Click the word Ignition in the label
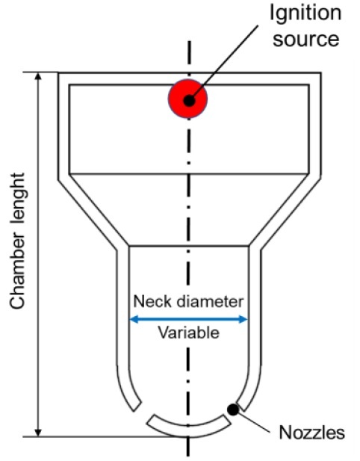[x=305, y=14]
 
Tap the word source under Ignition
[x=306, y=40]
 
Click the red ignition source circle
[x=187, y=99]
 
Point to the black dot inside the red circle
[x=189, y=101]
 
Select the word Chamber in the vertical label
[x=17, y=271]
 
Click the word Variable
[x=189, y=333]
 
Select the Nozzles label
[x=311, y=433]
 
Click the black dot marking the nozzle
[x=233, y=409]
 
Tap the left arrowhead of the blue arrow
[x=134, y=319]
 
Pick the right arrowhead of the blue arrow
[x=243, y=319]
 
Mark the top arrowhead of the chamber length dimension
[x=38, y=76]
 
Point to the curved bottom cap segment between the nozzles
[x=188, y=430]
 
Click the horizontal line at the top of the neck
[x=189, y=246]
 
